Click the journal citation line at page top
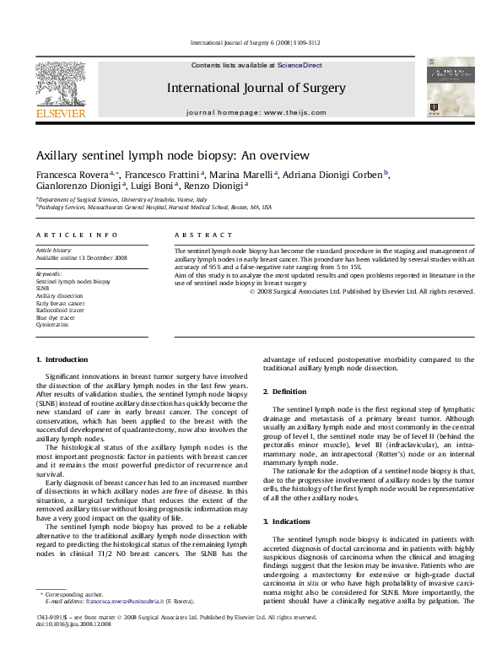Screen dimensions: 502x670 pos(251,41)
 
